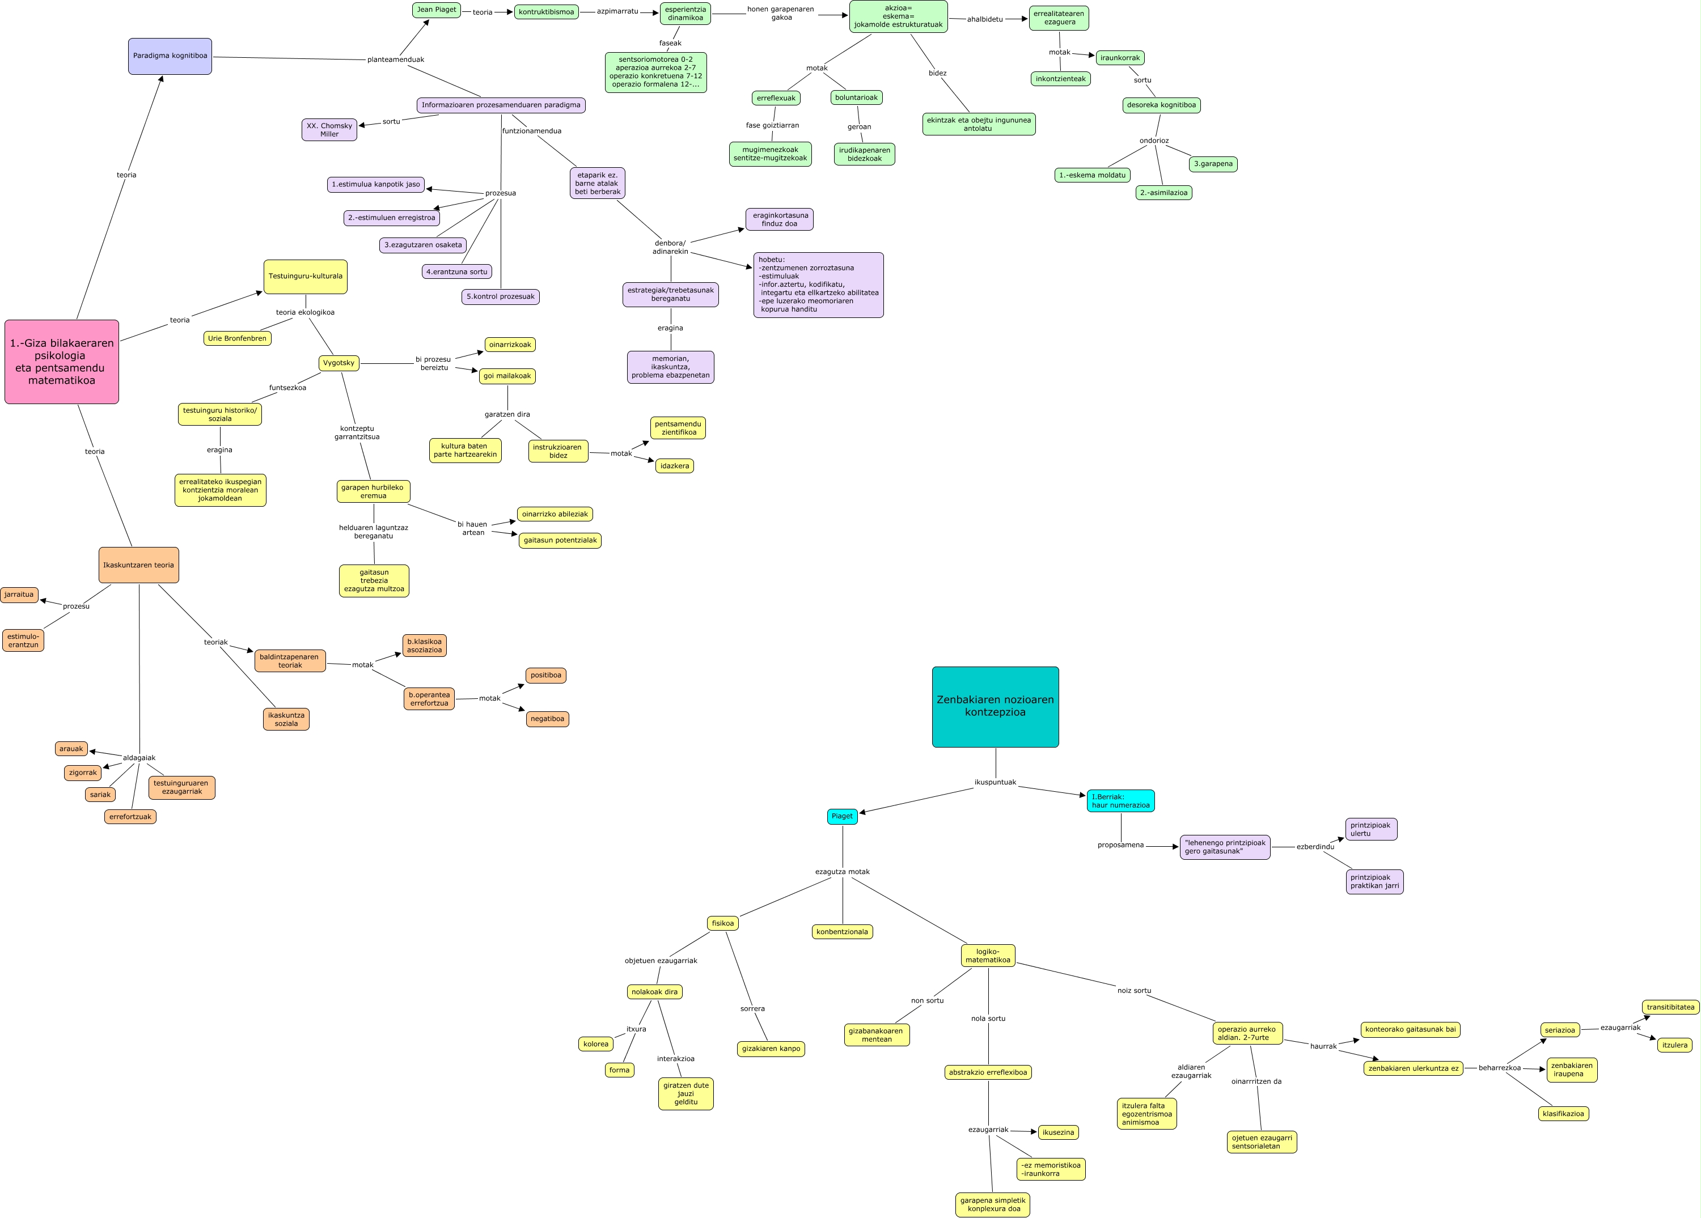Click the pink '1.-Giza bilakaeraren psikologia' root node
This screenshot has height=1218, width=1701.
click(61, 362)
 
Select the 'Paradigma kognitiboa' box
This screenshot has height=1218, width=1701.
click(170, 56)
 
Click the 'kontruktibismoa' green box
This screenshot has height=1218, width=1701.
click(546, 12)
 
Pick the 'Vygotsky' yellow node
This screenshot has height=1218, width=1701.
click(338, 363)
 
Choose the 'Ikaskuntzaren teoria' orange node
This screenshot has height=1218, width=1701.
click(139, 565)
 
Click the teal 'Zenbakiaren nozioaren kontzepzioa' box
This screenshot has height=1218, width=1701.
click(995, 706)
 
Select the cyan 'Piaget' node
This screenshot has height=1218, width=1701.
click(842, 816)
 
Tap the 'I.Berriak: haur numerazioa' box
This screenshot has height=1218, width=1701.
click(1120, 801)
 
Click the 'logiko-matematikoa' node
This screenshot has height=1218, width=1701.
click(988, 956)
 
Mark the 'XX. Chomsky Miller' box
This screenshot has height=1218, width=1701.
click(329, 130)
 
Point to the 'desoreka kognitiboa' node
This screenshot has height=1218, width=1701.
click(1161, 105)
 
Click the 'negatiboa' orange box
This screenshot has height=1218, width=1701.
click(548, 719)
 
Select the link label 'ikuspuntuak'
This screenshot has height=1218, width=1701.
click(995, 783)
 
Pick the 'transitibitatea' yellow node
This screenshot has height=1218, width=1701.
click(1670, 1007)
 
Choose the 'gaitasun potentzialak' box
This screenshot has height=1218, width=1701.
click(560, 540)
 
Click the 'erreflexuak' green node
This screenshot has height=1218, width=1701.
click(776, 98)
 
